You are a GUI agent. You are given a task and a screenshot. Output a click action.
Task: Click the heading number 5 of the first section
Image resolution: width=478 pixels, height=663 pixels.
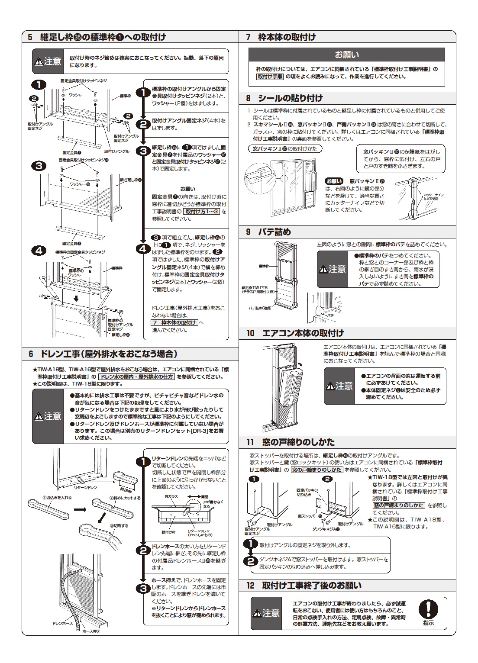(x=30, y=37)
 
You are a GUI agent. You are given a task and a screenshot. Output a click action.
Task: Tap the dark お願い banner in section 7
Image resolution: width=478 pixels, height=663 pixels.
(x=346, y=55)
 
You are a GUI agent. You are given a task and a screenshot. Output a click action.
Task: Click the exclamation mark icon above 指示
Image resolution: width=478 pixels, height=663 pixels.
(x=428, y=609)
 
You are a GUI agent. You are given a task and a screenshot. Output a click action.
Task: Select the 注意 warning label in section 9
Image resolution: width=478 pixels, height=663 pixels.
(x=333, y=269)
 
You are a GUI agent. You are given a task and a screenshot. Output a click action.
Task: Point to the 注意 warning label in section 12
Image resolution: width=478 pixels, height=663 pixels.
(x=266, y=613)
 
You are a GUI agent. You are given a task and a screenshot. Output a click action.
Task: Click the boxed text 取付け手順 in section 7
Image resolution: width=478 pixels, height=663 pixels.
(x=270, y=77)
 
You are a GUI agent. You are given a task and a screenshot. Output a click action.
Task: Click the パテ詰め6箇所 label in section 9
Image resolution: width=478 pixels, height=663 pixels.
(x=260, y=308)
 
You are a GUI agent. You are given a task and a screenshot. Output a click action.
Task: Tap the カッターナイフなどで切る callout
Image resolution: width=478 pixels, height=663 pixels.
(x=433, y=197)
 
